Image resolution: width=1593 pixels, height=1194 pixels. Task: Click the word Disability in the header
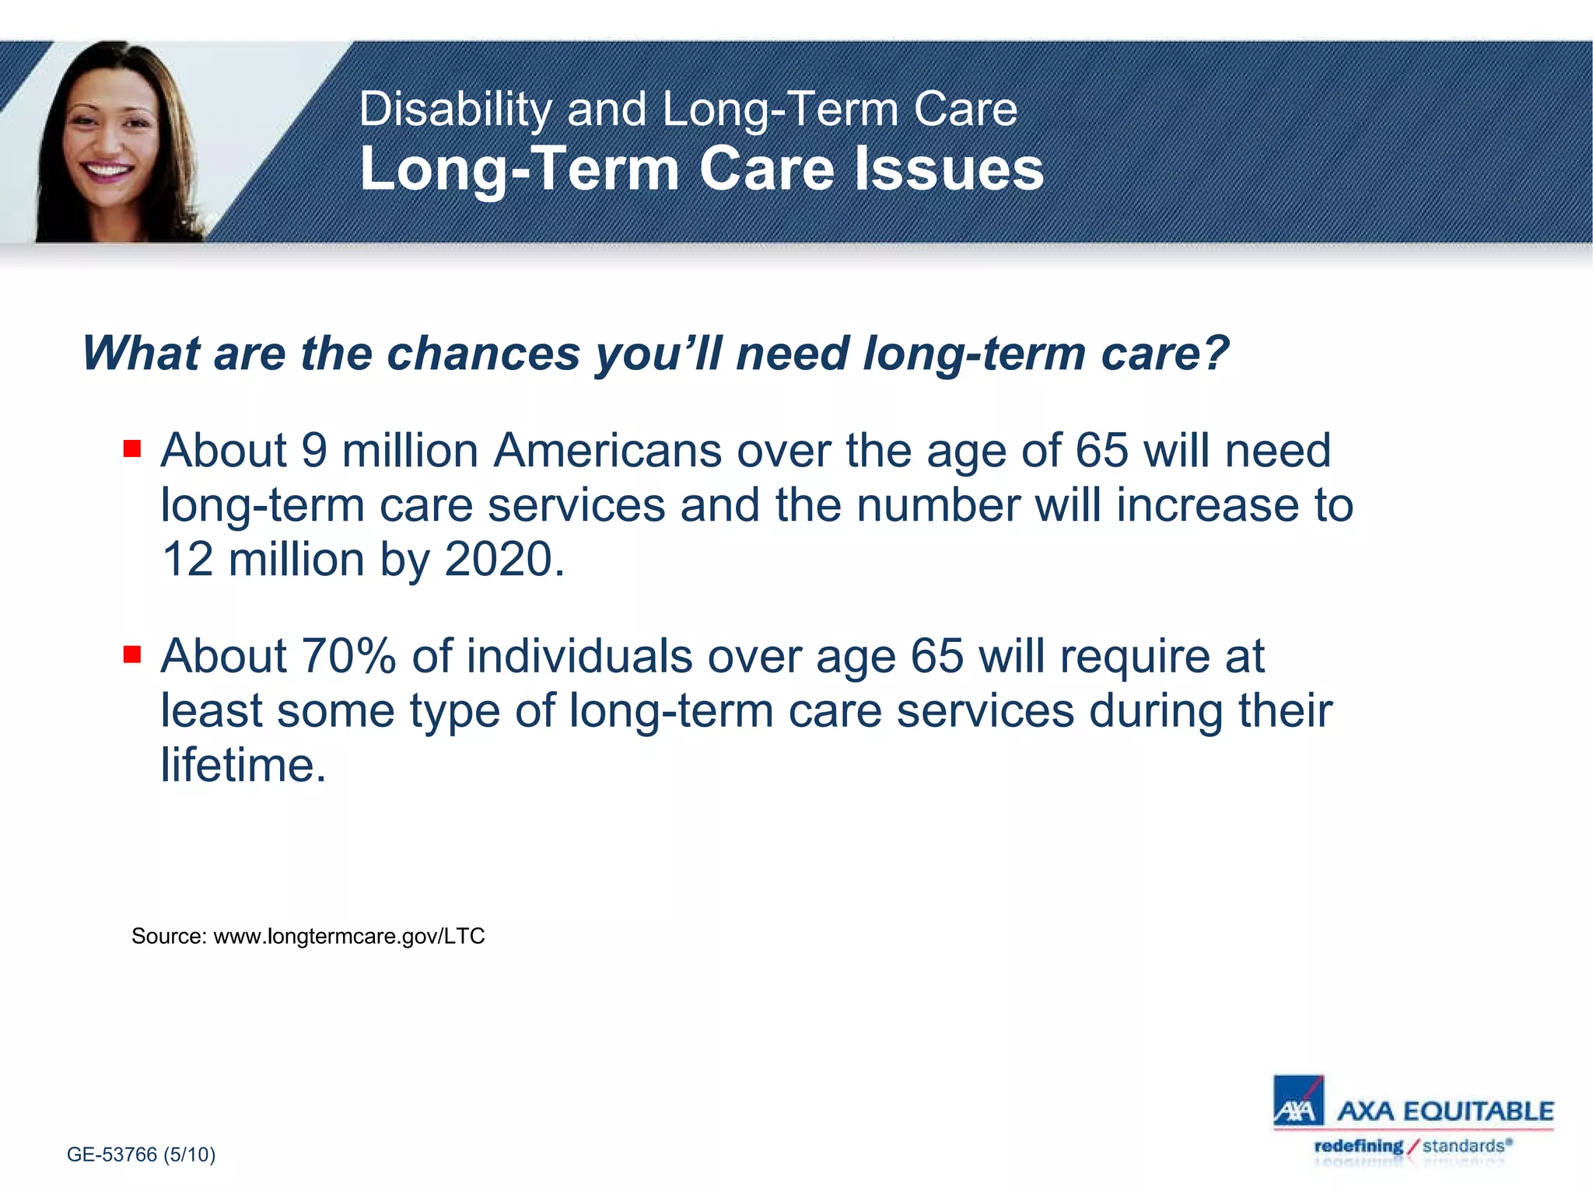(454, 109)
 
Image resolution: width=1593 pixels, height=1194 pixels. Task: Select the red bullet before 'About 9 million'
(132, 449)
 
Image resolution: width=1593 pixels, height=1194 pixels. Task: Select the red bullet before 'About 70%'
(132, 655)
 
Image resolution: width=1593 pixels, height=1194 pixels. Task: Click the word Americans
(607, 450)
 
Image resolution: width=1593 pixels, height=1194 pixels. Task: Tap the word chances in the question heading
(483, 354)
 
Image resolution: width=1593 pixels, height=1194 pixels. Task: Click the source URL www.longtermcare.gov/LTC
(349, 936)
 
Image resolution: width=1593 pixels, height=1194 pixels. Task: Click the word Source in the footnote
(168, 936)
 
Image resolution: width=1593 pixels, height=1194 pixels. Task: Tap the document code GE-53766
(112, 1154)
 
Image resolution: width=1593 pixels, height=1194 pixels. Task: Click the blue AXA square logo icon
(1298, 1101)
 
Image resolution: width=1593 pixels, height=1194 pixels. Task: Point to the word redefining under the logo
(1358, 1146)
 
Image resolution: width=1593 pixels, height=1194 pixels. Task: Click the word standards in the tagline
(1462, 1146)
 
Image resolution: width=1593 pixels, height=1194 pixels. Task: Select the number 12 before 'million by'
(187, 559)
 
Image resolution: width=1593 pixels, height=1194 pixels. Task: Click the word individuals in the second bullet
(579, 656)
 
